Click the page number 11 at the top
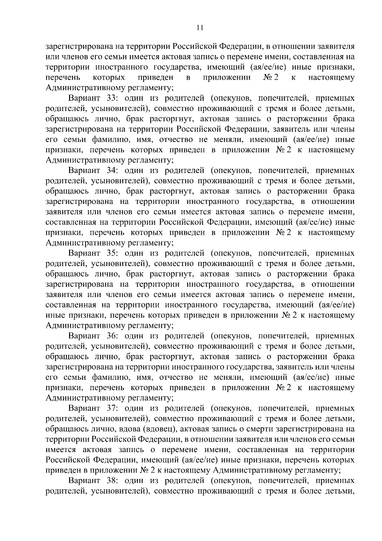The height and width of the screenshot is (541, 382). [200, 27]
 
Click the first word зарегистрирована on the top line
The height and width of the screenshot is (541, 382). [79, 47]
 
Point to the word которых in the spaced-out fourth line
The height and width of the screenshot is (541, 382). [109, 78]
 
